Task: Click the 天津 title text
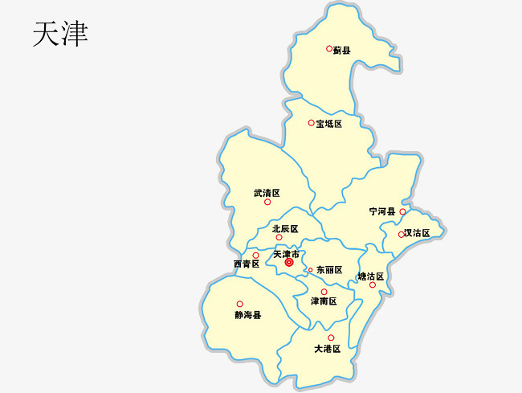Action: [x=60, y=34]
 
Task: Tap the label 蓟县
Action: [x=342, y=51]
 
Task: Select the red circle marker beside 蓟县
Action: [x=329, y=48]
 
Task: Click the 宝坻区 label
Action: [x=328, y=124]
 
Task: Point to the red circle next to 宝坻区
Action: [x=312, y=123]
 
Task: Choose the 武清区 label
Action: [x=267, y=193]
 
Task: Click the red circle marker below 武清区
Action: [x=267, y=203]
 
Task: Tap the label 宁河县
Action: [x=382, y=211]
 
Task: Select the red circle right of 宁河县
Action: [x=402, y=212]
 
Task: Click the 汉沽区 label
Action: [x=418, y=233]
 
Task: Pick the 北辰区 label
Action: [x=285, y=229]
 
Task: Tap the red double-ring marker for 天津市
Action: [x=289, y=262]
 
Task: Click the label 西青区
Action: [x=247, y=264]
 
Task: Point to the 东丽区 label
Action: [x=329, y=270]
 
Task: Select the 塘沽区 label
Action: [x=371, y=276]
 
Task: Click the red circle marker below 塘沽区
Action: [x=373, y=285]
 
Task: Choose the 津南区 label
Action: [x=324, y=301]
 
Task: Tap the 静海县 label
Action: [x=248, y=315]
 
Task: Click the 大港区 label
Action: [x=328, y=349]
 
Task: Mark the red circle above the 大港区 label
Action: [x=331, y=338]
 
